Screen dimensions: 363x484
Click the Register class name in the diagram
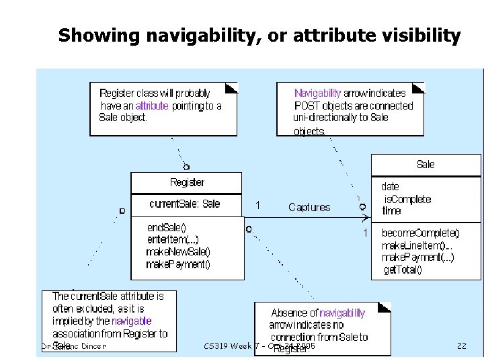pyautogui.click(x=188, y=182)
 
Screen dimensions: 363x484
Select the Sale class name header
pyautogui.click(x=426, y=164)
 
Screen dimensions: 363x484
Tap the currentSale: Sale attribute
pyautogui.click(x=184, y=204)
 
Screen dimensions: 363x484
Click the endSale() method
pyautogui.click(x=167, y=227)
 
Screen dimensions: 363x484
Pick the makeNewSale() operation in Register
pyautogui.click(x=178, y=252)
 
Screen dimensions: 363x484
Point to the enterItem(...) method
pyautogui.click(x=173, y=239)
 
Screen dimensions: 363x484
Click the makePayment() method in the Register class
pyautogui.click(x=178, y=265)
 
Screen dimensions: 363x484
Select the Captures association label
pyautogui.click(x=309, y=207)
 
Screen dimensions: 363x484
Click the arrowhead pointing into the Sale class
pyautogui.click(x=366, y=218)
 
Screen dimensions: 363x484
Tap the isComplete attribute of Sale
pyautogui.click(x=407, y=199)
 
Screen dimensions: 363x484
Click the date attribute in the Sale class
pyautogui.click(x=391, y=187)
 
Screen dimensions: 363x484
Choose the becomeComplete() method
pyautogui.click(x=421, y=233)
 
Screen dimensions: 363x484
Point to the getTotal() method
pyautogui.click(x=403, y=270)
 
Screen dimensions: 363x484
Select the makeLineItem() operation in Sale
pyautogui.click(x=418, y=245)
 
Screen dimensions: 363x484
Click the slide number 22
pyautogui.click(x=461, y=346)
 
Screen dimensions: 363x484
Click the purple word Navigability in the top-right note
pyautogui.click(x=317, y=93)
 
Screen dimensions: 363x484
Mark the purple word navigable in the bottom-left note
pyautogui.click(x=132, y=321)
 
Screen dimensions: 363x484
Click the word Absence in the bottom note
pyautogui.click(x=285, y=313)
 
